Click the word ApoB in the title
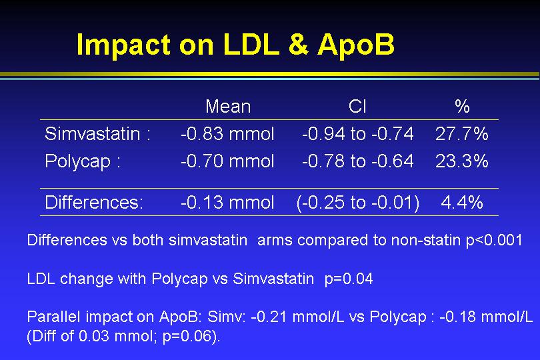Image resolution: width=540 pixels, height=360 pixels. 356,45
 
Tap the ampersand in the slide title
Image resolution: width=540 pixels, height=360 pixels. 298,44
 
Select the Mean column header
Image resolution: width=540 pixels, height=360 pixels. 228,107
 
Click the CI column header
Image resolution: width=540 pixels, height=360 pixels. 357,107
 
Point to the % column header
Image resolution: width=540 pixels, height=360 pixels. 462,107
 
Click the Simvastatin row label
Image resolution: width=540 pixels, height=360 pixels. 97,133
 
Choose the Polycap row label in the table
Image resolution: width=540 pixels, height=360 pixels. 83,161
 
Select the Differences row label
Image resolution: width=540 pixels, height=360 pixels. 94,202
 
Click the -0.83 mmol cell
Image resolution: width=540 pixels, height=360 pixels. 227,133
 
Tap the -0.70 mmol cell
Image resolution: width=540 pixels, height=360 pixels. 227,161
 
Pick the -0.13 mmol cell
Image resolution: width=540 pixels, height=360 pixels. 227,202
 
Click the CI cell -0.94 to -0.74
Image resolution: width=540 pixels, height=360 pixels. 358,133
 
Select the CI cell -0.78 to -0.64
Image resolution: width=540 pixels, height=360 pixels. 358,161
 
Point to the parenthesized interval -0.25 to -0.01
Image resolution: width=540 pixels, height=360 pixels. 358,203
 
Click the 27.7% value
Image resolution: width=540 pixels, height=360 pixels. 462,133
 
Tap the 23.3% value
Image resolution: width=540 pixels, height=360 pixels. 462,161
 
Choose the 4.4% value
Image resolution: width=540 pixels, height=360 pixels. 462,202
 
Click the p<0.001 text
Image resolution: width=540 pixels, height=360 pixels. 494,240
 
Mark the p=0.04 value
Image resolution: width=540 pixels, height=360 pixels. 349,279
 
